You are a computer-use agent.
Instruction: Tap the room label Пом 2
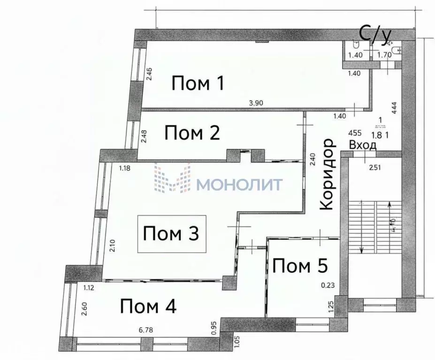pyautogui.click(x=192, y=133)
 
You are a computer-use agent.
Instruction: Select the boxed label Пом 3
pyautogui.click(x=171, y=233)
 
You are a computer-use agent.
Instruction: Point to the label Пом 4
pyautogui.click(x=148, y=307)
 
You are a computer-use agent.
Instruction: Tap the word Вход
pyautogui.click(x=363, y=145)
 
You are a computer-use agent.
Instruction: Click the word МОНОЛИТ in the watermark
pyautogui.click(x=239, y=184)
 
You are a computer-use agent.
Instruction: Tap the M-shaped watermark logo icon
pyautogui.click(x=172, y=178)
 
